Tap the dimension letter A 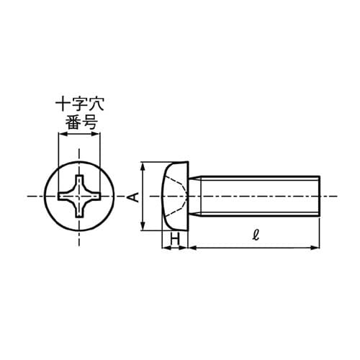pos(132,196)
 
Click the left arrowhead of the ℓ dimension pos(192,248)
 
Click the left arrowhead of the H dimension pos(166,248)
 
